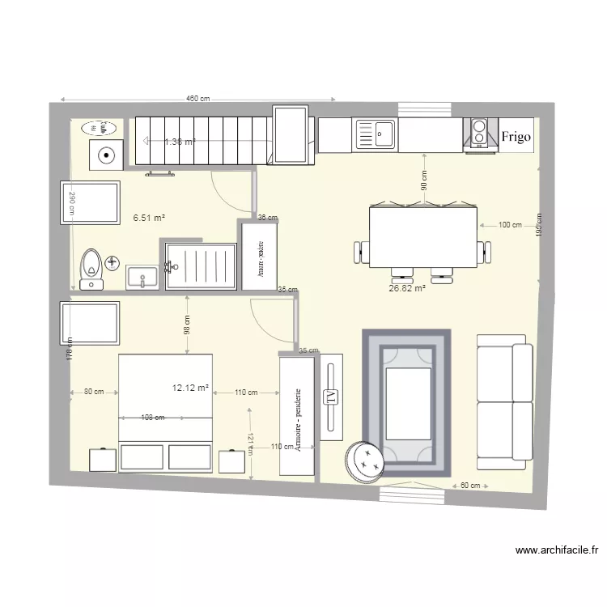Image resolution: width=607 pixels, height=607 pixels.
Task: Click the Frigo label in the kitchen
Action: click(516, 136)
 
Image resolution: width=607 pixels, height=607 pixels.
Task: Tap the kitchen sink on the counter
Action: click(375, 134)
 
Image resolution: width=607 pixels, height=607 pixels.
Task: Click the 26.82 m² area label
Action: click(407, 287)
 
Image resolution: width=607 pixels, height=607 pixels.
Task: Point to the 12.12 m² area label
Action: click(190, 388)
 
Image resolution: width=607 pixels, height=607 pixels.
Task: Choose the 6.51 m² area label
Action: click(149, 218)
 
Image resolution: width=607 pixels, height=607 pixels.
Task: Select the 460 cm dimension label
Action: click(197, 99)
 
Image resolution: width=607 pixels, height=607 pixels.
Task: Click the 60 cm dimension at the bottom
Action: click(470, 486)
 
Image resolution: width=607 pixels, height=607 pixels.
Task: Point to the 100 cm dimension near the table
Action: click(510, 225)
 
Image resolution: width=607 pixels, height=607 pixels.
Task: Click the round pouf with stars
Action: click(364, 461)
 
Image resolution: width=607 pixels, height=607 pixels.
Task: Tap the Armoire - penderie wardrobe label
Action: click(298, 418)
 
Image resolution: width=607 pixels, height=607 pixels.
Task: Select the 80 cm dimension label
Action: click(94, 393)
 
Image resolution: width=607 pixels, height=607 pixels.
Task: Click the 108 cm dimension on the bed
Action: click(152, 418)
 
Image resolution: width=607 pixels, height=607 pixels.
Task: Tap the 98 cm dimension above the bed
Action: click(187, 324)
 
